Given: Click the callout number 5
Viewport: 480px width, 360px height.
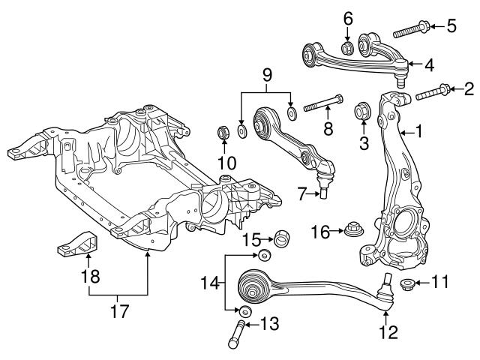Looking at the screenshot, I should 451,27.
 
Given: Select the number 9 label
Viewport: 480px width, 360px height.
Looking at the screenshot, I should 265,75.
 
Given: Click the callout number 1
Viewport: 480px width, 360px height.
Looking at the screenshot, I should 418,132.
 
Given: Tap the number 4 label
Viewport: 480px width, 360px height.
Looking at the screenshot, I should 429,65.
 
